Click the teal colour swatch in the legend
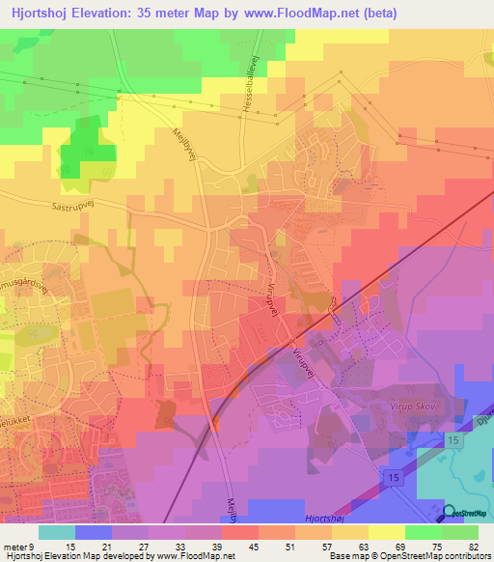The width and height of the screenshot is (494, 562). coord(56,532)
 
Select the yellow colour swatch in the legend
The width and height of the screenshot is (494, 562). coord(386,532)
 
